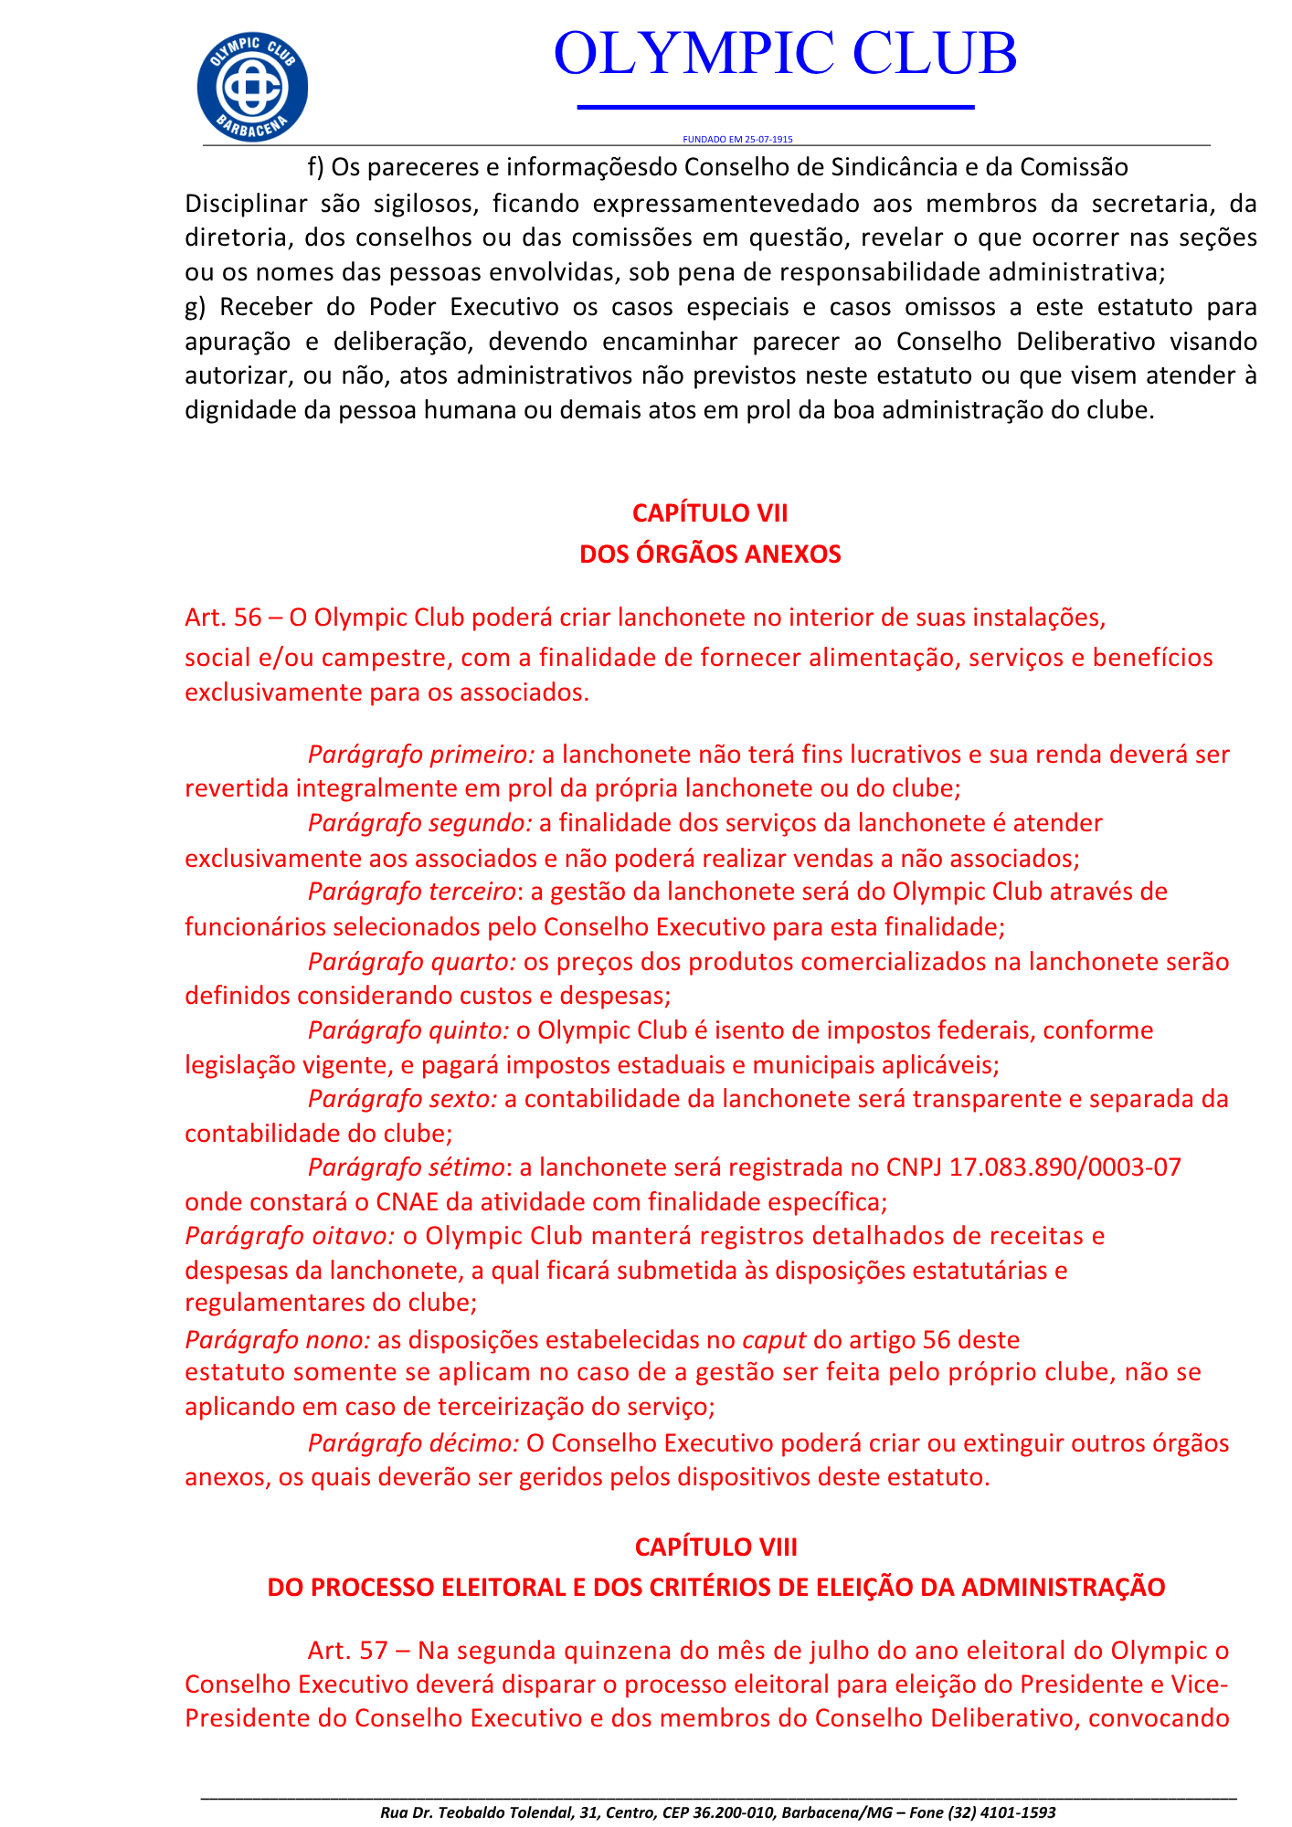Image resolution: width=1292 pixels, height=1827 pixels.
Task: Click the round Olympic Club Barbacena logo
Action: pyautogui.click(x=252, y=88)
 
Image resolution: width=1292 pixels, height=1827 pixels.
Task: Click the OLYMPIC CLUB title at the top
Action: pyautogui.click(x=785, y=53)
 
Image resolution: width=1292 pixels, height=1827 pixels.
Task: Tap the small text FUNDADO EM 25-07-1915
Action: pyautogui.click(x=737, y=140)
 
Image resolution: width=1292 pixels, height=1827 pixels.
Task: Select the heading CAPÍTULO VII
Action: pyautogui.click(x=710, y=513)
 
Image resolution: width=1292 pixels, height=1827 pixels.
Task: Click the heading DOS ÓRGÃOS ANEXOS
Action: pyautogui.click(x=710, y=554)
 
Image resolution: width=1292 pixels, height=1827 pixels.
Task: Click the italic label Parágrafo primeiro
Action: pyautogui.click(x=421, y=755)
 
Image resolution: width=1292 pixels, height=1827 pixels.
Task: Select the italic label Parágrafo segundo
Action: pyautogui.click(x=419, y=823)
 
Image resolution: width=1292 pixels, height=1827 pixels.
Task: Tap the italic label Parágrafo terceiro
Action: pyautogui.click(x=413, y=892)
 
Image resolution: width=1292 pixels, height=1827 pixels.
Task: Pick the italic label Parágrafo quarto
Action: pyautogui.click(x=413, y=962)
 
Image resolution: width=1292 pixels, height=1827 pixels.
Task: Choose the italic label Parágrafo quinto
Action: pyautogui.click(x=408, y=1030)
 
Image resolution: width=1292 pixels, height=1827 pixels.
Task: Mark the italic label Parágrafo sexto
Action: pyautogui.click(x=403, y=1099)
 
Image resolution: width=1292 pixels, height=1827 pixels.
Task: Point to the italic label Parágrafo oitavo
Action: pyautogui.click(x=290, y=1236)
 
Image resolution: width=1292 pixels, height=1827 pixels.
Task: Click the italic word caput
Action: pyautogui.click(x=774, y=1340)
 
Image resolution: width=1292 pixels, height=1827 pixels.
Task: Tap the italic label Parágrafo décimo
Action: pyautogui.click(x=414, y=1443)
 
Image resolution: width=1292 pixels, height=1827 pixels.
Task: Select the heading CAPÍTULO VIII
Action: pyautogui.click(x=715, y=1547)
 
